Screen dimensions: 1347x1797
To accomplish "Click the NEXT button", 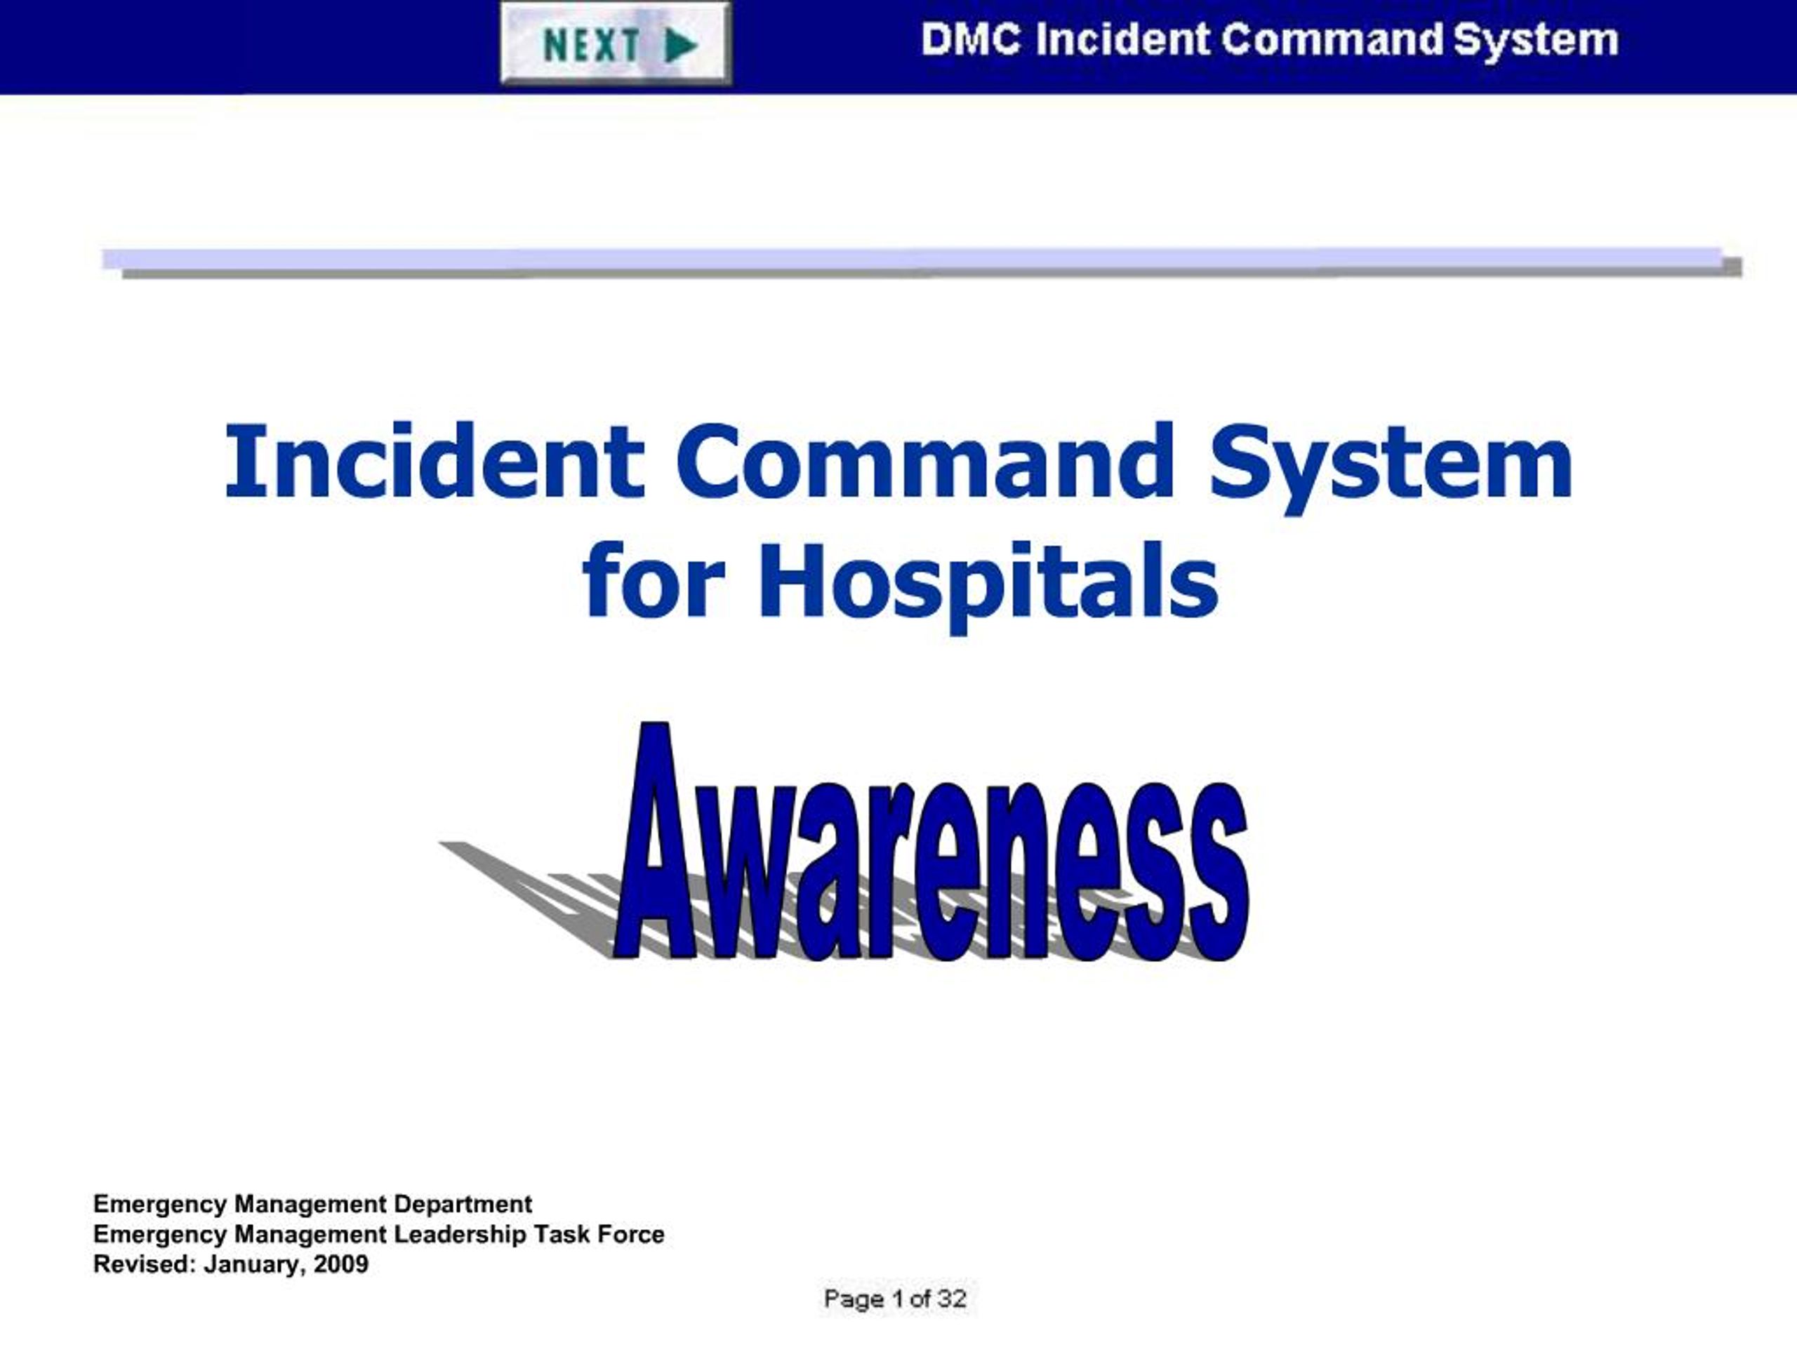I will click(x=616, y=43).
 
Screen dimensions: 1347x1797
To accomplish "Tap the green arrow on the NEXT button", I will click(x=681, y=46).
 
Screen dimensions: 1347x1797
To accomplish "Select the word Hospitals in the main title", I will click(x=988, y=580).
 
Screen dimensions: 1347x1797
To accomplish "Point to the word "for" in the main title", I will click(x=653, y=580).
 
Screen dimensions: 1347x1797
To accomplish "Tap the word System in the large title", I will click(x=1390, y=463).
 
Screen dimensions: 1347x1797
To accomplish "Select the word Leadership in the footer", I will click(x=460, y=1234).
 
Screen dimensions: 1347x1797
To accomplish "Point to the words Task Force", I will click(x=599, y=1234).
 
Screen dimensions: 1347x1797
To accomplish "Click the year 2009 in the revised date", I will click(x=341, y=1264).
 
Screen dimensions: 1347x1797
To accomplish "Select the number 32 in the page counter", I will click(x=951, y=1299).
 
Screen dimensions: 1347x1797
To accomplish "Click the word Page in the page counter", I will click(x=854, y=1299).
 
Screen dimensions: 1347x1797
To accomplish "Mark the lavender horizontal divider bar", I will click(x=910, y=258).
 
